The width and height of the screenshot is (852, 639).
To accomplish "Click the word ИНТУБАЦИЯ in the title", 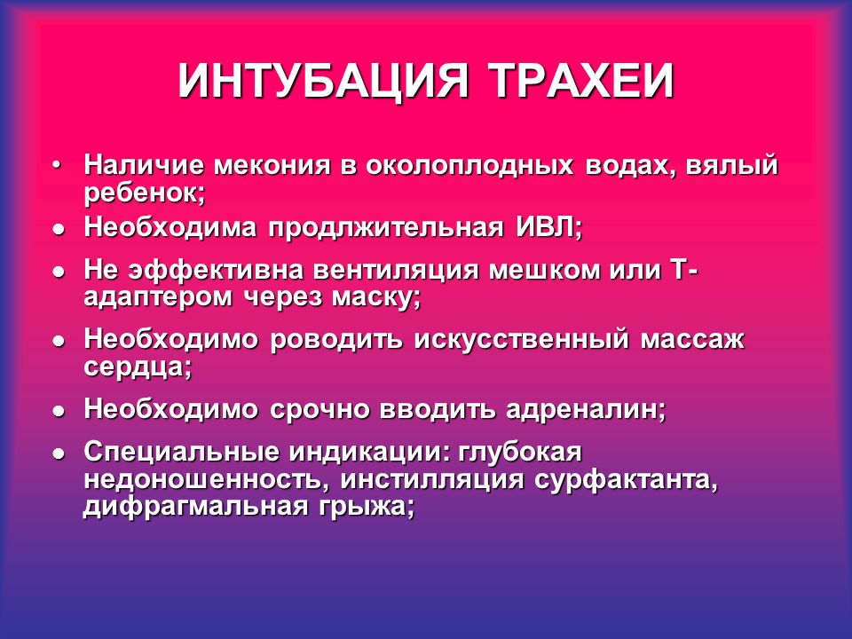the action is coord(323,81).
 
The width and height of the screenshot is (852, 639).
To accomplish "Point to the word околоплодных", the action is coord(469,166).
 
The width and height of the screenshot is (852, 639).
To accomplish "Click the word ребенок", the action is coord(144,193).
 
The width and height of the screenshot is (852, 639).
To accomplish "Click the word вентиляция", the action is coord(396,270).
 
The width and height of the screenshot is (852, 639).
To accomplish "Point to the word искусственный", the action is coord(521,340).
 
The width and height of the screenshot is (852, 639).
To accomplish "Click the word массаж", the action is coord(691,340).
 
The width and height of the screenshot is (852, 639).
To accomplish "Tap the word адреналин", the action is coord(586,410).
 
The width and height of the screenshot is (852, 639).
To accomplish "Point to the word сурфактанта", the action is coord(627,480).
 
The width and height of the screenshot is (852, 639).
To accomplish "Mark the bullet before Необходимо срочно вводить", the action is coord(59,411).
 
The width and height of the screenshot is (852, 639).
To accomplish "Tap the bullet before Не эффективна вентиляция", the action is coord(59,272).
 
